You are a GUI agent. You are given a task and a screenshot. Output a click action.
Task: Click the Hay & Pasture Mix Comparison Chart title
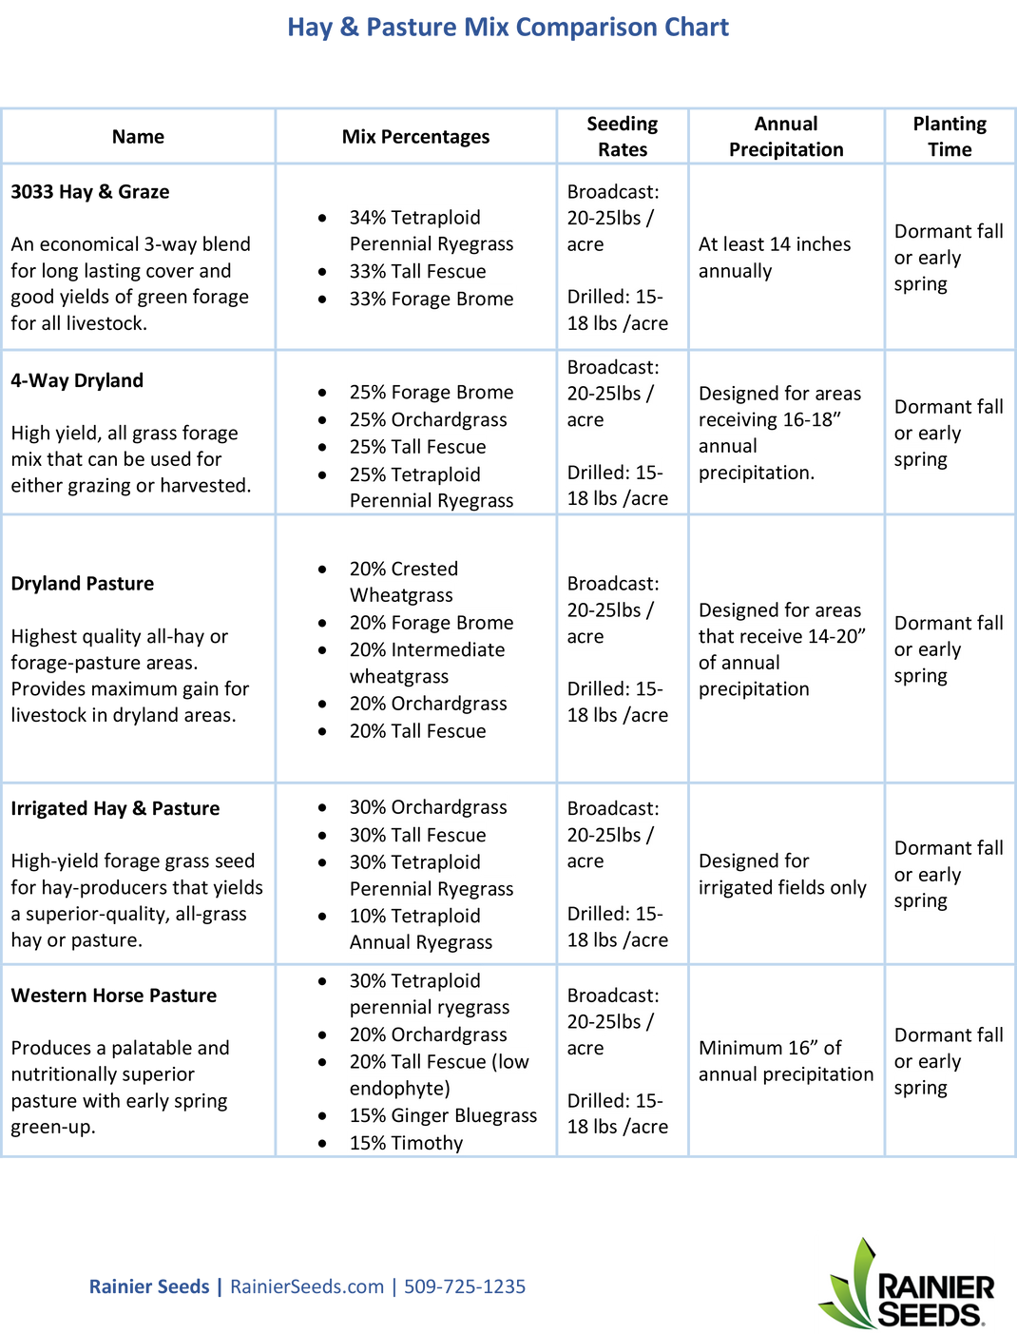pyautogui.click(x=508, y=27)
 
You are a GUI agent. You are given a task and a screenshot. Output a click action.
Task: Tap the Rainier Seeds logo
pyautogui.click(x=906, y=1283)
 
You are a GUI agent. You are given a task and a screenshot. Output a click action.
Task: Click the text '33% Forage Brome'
pyautogui.click(x=432, y=299)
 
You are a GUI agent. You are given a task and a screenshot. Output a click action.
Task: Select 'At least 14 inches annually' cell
pyautogui.click(x=775, y=258)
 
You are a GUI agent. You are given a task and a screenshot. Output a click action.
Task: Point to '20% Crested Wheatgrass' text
pyautogui.click(x=404, y=582)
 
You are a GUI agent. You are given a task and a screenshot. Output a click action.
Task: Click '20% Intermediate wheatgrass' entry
pyautogui.click(x=427, y=663)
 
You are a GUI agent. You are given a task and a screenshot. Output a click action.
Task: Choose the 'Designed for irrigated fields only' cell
pyautogui.click(x=782, y=874)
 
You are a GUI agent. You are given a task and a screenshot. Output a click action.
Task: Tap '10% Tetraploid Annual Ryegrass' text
pyautogui.click(x=421, y=929)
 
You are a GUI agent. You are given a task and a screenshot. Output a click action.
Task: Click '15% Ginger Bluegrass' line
pyautogui.click(x=443, y=1115)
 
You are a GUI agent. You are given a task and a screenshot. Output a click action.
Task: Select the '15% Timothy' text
pyautogui.click(x=407, y=1143)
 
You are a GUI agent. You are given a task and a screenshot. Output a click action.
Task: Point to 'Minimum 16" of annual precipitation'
pyautogui.click(x=786, y=1061)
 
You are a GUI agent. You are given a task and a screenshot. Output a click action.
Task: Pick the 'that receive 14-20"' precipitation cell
pyautogui.click(x=782, y=636)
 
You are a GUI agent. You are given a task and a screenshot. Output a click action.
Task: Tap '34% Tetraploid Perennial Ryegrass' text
pyautogui.click(x=432, y=230)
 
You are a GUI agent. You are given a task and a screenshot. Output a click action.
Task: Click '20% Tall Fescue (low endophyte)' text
pyautogui.click(x=439, y=1074)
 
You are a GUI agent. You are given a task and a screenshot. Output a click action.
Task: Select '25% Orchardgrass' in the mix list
pyautogui.click(x=429, y=419)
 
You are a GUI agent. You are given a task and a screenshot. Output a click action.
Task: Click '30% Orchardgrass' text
pyautogui.click(x=429, y=807)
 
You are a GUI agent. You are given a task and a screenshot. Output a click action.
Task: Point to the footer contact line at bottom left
pyautogui.click(x=307, y=1286)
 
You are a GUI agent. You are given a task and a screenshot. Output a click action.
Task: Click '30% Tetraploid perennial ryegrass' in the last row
pyautogui.click(x=430, y=994)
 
